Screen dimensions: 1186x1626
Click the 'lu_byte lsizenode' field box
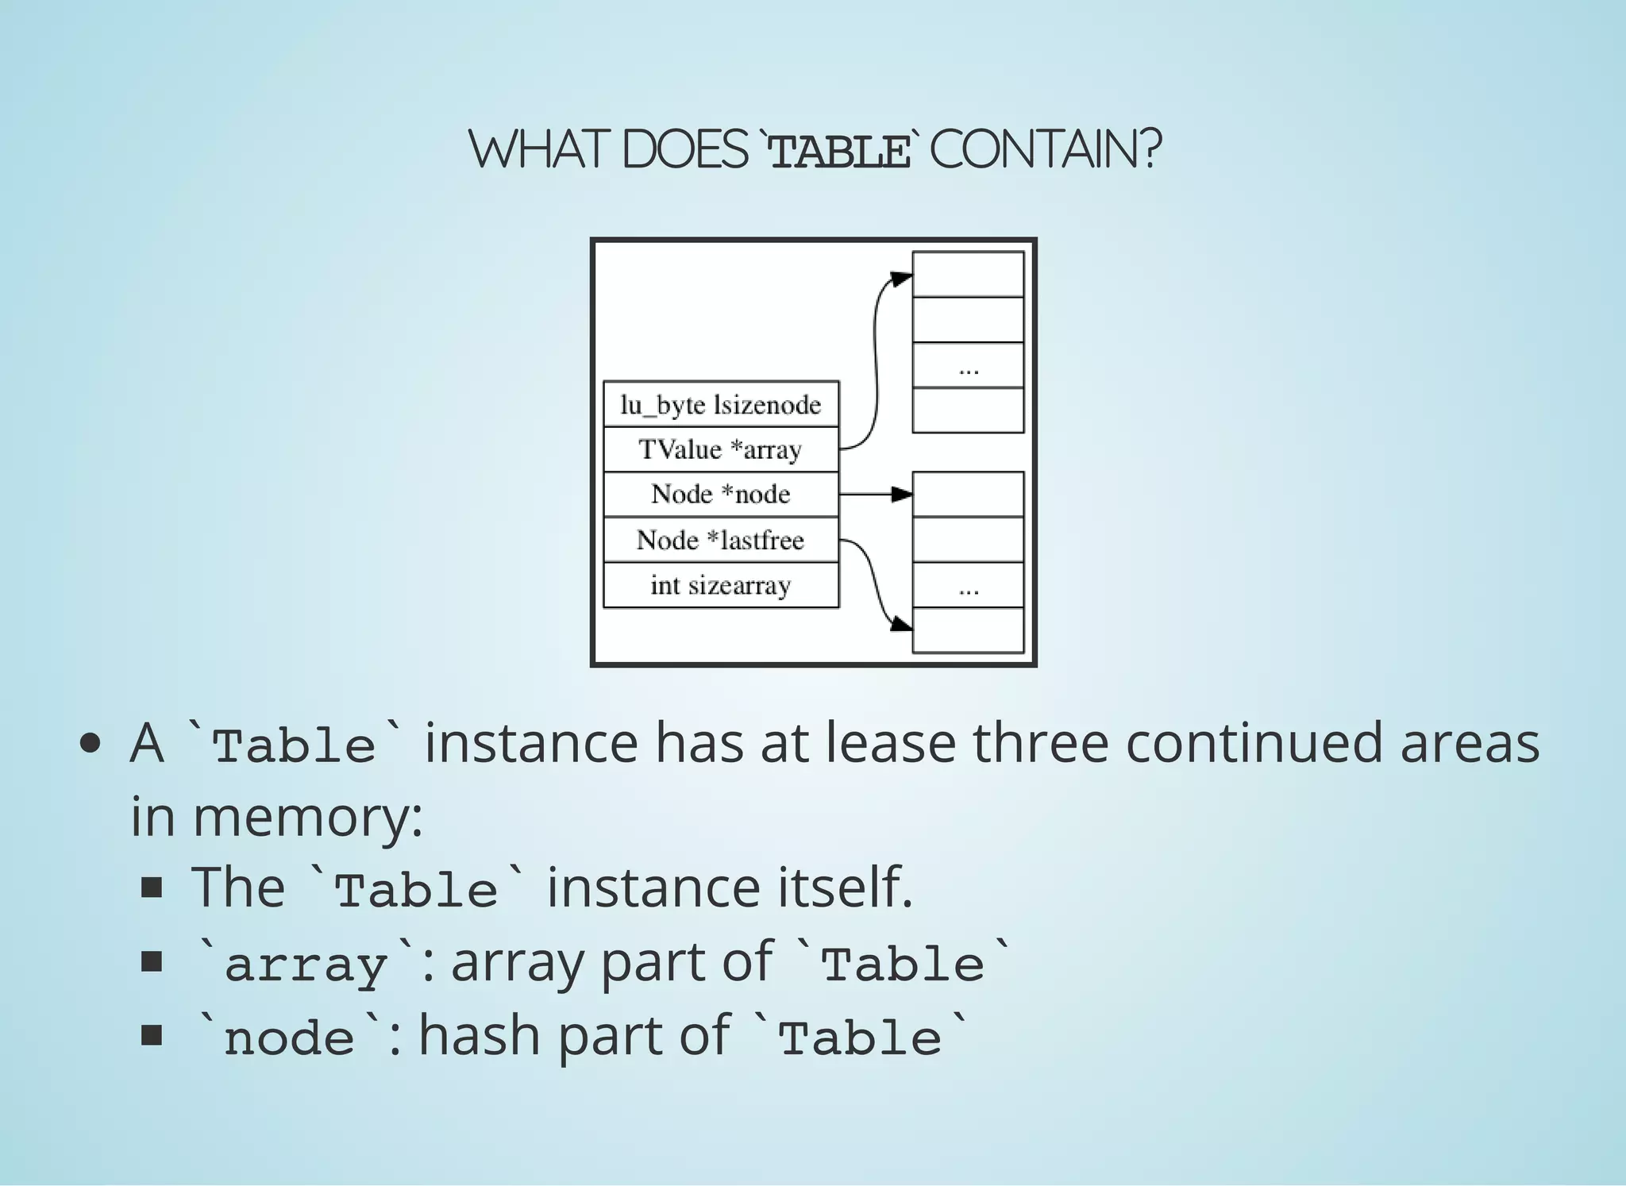pyautogui.click(x=721, y=405)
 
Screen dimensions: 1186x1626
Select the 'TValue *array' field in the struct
pyautogui.click(x=721, y=449)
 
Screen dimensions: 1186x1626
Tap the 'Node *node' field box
pyautogui.click(x=721, y=495)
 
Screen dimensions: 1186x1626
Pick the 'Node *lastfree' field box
pyautogui.click(x=721, y=540)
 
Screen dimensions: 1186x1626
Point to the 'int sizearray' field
pyautogui.click(x=721, y=585)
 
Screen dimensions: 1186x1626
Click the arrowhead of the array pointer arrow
pyautogui.click(x=902, y=279)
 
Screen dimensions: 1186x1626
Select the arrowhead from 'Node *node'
pyautogui.click(x=902, y=495)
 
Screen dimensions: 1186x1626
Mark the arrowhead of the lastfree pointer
pyautogui.click(x=902, y=624)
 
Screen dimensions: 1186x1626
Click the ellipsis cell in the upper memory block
pyautogui.click(x=968, y=365)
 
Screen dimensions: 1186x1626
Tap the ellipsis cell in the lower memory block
pyautogui.click(x=968, y=585)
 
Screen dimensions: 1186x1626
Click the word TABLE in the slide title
pyautogui.click(x=840, y=151)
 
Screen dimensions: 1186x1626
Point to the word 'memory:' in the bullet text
pyautogui.click(x=308, y=817)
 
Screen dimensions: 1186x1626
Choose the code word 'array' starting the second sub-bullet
pyautogui.click(x=306, y=965)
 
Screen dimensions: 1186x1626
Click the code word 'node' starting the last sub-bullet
pyautogui.click(x=290, y=1038)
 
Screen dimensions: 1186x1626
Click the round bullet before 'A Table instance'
pyautogui.click(x=91, y=744)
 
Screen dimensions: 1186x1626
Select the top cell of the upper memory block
pyautogui.click(x=968, y=275)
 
